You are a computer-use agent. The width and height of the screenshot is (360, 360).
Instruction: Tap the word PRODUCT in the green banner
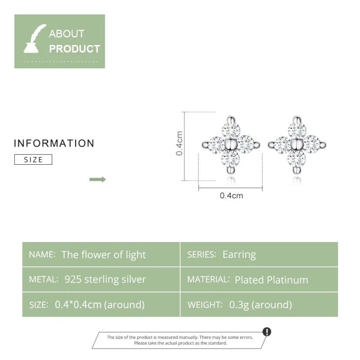pos(75,49)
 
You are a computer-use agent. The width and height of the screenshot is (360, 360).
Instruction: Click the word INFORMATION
pos(54,144)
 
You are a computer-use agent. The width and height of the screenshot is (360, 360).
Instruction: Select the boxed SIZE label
pos(33,159)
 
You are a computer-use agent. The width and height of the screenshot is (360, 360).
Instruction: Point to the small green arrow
pos(98,180)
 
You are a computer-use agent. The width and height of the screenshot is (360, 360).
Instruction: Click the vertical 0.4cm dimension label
pos(180,144)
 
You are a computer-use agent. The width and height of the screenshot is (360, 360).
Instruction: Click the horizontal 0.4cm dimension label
pos(231,196)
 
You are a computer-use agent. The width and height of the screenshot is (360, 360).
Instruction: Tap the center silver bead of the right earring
pos(297,144)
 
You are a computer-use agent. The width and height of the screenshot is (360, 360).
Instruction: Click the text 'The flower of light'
pos(103,255)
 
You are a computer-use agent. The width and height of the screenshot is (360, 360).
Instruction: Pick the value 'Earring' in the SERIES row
pos(239,254)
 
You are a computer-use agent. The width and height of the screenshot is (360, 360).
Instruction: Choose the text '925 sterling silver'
pos(105,279)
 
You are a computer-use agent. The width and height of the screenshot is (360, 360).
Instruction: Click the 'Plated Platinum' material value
pos(271,280)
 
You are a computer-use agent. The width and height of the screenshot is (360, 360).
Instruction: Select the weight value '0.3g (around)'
pos(261,305)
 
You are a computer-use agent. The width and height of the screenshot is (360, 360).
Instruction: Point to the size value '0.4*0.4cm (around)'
pos(99,305)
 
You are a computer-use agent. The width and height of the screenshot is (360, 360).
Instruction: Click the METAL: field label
pos(44,279)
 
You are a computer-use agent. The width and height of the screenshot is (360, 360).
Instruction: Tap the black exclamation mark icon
pos(267,332)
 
